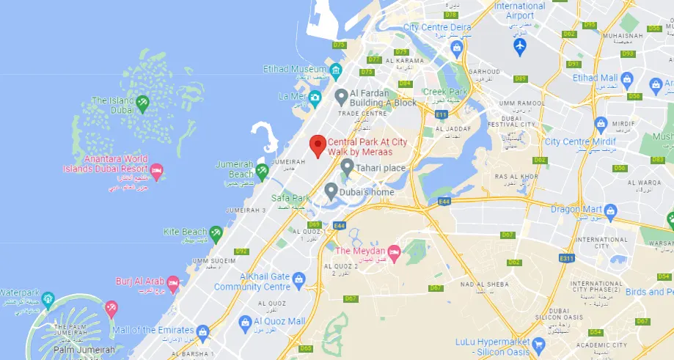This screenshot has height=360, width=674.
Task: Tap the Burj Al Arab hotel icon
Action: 173,282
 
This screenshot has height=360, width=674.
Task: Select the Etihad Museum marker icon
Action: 336,70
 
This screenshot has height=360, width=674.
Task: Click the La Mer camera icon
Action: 315,97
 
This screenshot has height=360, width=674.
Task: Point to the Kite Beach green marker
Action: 216,233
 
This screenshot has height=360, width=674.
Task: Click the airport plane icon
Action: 520,45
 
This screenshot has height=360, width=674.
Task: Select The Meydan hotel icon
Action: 394,254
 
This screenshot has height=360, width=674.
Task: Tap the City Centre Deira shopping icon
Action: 456,48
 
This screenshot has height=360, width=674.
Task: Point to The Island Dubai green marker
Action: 142,103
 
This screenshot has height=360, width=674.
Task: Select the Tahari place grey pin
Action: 347,168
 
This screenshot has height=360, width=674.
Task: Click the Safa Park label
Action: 290,199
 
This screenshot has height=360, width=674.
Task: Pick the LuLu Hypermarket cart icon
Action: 539,342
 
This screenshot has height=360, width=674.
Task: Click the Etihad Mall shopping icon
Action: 627,78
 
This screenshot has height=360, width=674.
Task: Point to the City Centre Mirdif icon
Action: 601,124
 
